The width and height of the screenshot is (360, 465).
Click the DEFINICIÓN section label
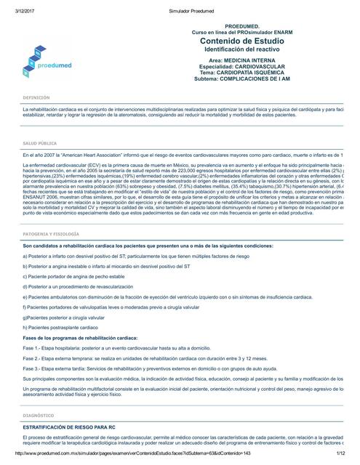pyautogui.click(x=36, y=97)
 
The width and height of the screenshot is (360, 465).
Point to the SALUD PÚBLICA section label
pyautogui.click(x=40, y=144)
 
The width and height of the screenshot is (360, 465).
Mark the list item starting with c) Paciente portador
pyautogui.click(x=72, y=256)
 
